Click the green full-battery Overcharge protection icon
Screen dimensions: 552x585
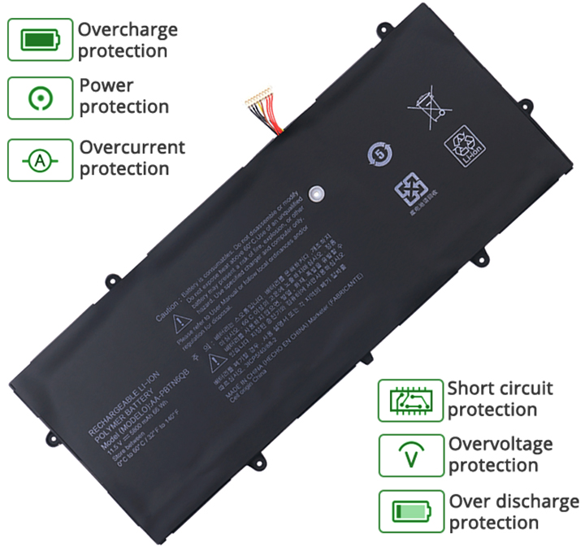[x=40, y=40]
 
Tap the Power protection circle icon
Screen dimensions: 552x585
[x=40, y=98]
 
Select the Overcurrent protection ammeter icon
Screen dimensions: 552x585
[x=40, y=160]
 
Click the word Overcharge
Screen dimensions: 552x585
[x=128, y=31]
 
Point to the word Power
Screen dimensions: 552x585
[x=106, y=85]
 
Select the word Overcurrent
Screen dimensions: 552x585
[x=132, y=148]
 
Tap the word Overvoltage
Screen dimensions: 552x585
[x=500, y=445]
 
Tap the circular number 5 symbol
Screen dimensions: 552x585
[x=378, y=153]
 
